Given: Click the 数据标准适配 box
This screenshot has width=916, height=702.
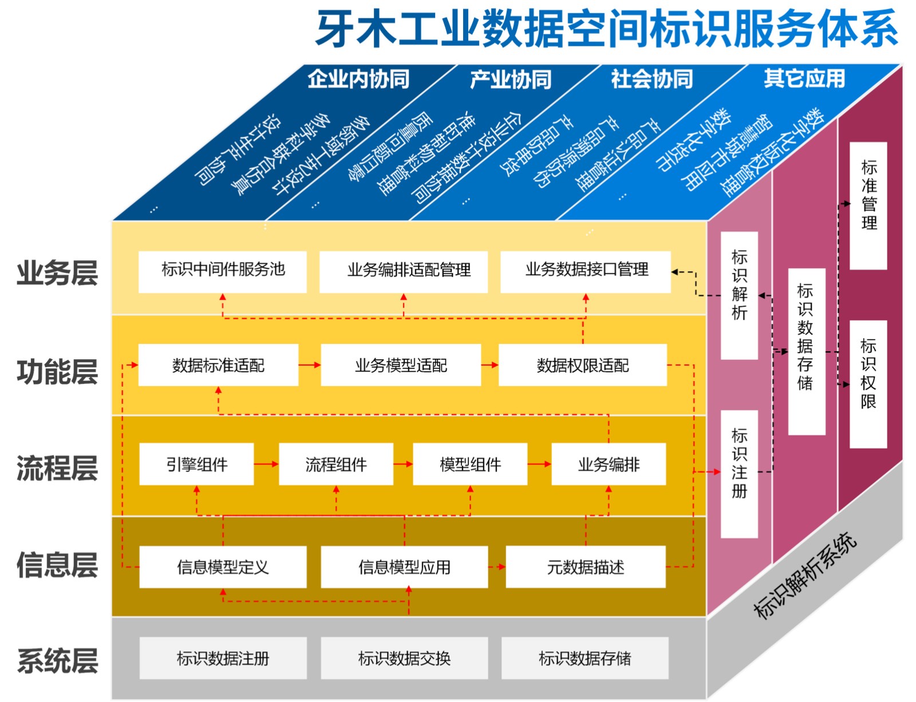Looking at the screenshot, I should (218, 365).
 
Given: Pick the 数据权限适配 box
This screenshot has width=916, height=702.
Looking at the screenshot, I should (582, 365).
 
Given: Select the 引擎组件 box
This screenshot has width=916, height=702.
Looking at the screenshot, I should (196, 464).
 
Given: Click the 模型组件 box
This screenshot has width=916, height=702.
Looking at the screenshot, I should (469, 464).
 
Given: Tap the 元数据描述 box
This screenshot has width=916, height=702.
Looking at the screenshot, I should (585, 567).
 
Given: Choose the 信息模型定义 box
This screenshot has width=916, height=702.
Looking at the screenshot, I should (222, 567).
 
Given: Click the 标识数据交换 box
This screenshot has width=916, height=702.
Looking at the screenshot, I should (404, 658).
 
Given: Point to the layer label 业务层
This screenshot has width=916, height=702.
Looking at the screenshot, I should (57, 273).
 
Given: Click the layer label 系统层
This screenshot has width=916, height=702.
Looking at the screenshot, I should (57, 661).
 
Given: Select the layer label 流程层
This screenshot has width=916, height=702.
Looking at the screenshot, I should (57, 468).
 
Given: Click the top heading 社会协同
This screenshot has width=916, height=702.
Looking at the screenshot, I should (652, 79).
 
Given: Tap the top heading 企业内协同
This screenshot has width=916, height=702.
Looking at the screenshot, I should (358, 79).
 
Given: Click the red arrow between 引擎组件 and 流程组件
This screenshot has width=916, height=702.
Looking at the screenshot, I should (266, 464).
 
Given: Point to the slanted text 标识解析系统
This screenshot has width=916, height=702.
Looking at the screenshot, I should (804, 575).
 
